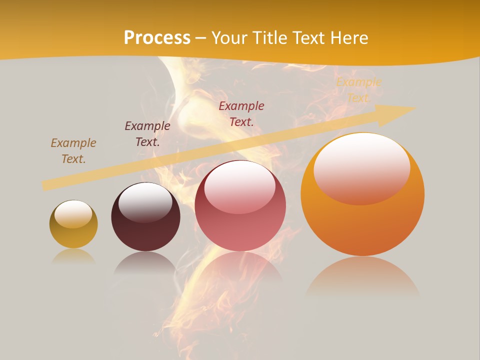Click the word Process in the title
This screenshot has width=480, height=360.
point(157,38)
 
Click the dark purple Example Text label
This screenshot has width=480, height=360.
point(147,134)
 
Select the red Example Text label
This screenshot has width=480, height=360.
point(241,113)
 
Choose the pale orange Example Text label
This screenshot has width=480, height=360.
point(358,90)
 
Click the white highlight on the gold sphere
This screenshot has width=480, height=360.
point(73,213)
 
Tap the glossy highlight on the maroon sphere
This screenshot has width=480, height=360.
point(145,201)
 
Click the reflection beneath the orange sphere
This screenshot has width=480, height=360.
point(362,277)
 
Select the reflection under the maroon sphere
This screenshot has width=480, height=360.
point(145,262)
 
